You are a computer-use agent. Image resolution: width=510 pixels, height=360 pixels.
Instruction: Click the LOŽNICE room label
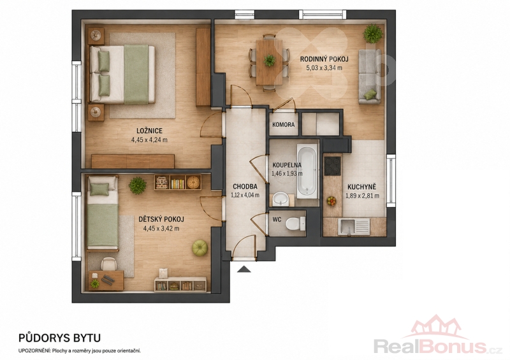(149, 131)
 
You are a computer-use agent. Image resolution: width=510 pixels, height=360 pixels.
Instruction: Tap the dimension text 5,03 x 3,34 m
(324, 68)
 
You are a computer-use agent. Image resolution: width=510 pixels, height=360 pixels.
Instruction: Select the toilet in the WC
(295, 224)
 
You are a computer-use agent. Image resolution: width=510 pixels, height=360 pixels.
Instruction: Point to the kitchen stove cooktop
(332, 166)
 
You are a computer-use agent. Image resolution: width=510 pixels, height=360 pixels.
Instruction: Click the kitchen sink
(354, 226)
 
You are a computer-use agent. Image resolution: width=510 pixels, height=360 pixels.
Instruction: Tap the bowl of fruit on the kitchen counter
(331, 201)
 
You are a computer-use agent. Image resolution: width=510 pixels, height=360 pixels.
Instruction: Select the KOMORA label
(283, 124)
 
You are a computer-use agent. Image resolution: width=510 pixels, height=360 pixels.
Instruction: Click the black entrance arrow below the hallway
(244, 269)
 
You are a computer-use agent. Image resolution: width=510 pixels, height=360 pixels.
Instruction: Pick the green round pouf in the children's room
(200, 248)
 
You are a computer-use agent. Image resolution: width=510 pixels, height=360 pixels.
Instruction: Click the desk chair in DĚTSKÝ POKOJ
(108, 264)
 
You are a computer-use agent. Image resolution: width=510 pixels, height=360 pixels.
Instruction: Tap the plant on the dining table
(269, 60)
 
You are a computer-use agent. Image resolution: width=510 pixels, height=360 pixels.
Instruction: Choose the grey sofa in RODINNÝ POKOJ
(370, 76)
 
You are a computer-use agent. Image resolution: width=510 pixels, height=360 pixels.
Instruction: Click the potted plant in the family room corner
(373, 33)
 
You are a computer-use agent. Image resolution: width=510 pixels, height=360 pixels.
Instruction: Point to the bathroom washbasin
(280, 199)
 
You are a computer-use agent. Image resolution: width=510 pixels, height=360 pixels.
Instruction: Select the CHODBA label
(245, 187)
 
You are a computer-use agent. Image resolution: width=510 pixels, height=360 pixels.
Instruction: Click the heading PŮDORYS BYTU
(59, 338)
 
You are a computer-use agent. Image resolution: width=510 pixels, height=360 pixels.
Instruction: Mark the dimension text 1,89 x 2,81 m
(362, 196)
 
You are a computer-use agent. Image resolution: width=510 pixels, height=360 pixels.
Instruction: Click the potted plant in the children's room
(137, 185)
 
